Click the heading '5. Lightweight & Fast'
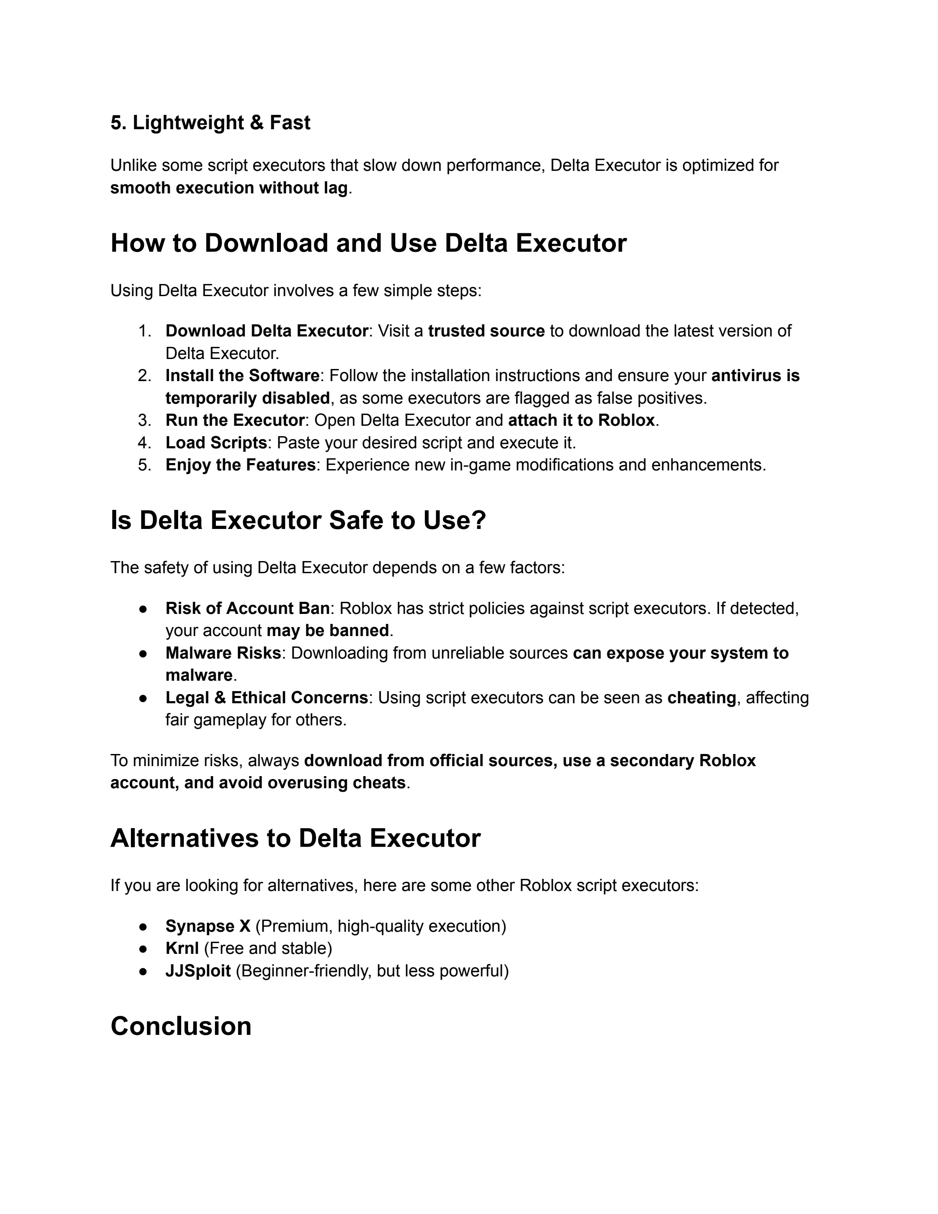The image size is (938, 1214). (x=210, y=123)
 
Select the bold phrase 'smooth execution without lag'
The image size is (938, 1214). (x=228, y=188)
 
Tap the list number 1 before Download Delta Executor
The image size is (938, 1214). (x=144, y=331)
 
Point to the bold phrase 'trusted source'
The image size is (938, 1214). (x=486, y=331)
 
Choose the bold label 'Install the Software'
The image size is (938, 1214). (x=242, y=376)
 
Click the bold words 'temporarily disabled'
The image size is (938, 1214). (x=247, y=398)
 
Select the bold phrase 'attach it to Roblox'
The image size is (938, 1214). (x=581, y=420)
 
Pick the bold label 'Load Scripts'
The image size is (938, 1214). (x=216, y=443)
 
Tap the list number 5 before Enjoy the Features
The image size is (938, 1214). (x=144, y=465)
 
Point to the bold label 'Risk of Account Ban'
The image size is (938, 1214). (x=247, y=609)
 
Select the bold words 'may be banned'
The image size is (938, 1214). (x=328, y=630)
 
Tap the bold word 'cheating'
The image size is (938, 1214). (x=701, y=698)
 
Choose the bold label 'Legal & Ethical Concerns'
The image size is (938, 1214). (x=267, y=698)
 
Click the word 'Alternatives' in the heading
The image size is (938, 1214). (x=184, y=838)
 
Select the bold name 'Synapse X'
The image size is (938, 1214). (x=208, y=926)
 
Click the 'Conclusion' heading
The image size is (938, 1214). (x=181, y=1026)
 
